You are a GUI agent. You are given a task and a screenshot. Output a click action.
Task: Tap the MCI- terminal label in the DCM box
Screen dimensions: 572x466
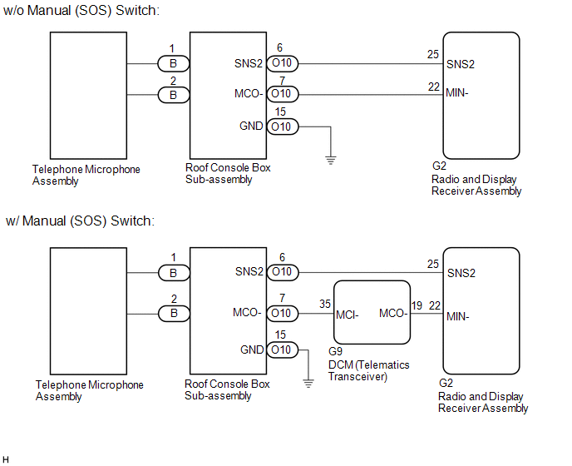point(348,315)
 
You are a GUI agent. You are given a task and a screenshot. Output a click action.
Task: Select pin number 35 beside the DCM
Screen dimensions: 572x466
point(325,304)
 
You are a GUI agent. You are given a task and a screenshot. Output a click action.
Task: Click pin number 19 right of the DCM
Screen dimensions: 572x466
point(417,305)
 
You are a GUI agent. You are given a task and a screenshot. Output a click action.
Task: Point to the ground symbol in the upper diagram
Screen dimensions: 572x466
point(331,160)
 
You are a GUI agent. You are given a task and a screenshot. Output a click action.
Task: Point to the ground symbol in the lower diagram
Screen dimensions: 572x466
point(308,383)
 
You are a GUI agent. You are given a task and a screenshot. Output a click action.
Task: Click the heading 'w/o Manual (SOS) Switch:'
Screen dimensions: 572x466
point(81,11)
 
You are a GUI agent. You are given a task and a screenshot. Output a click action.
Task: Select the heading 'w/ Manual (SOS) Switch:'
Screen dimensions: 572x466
point(81,221)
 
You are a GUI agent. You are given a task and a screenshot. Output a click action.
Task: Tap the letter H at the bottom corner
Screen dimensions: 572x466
point(6,459)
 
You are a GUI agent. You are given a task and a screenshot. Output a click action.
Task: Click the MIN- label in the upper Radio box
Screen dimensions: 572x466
point(457,92)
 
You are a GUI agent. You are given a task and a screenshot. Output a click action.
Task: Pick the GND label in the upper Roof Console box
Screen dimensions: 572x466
point(251,126)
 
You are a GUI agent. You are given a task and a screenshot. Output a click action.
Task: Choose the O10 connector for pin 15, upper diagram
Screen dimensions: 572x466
point(283,126)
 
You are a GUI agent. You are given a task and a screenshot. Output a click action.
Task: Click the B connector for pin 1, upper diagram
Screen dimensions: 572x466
point(174,63)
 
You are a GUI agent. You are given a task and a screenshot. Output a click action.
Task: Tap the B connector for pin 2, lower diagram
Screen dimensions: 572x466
point(174,314)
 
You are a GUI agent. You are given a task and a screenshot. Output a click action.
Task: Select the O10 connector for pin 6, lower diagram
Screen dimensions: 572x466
point(283,272)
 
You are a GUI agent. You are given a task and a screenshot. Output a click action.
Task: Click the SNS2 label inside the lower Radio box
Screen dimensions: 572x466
point(461,273)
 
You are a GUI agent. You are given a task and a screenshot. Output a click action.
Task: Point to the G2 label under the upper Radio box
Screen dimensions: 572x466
point(439,166)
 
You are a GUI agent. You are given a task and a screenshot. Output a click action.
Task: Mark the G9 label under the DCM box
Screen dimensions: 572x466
point(335,351)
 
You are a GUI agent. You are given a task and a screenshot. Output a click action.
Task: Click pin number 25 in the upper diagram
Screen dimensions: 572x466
point(433,54)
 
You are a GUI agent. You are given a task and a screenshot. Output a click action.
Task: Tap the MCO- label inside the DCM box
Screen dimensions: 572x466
point(393,313)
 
